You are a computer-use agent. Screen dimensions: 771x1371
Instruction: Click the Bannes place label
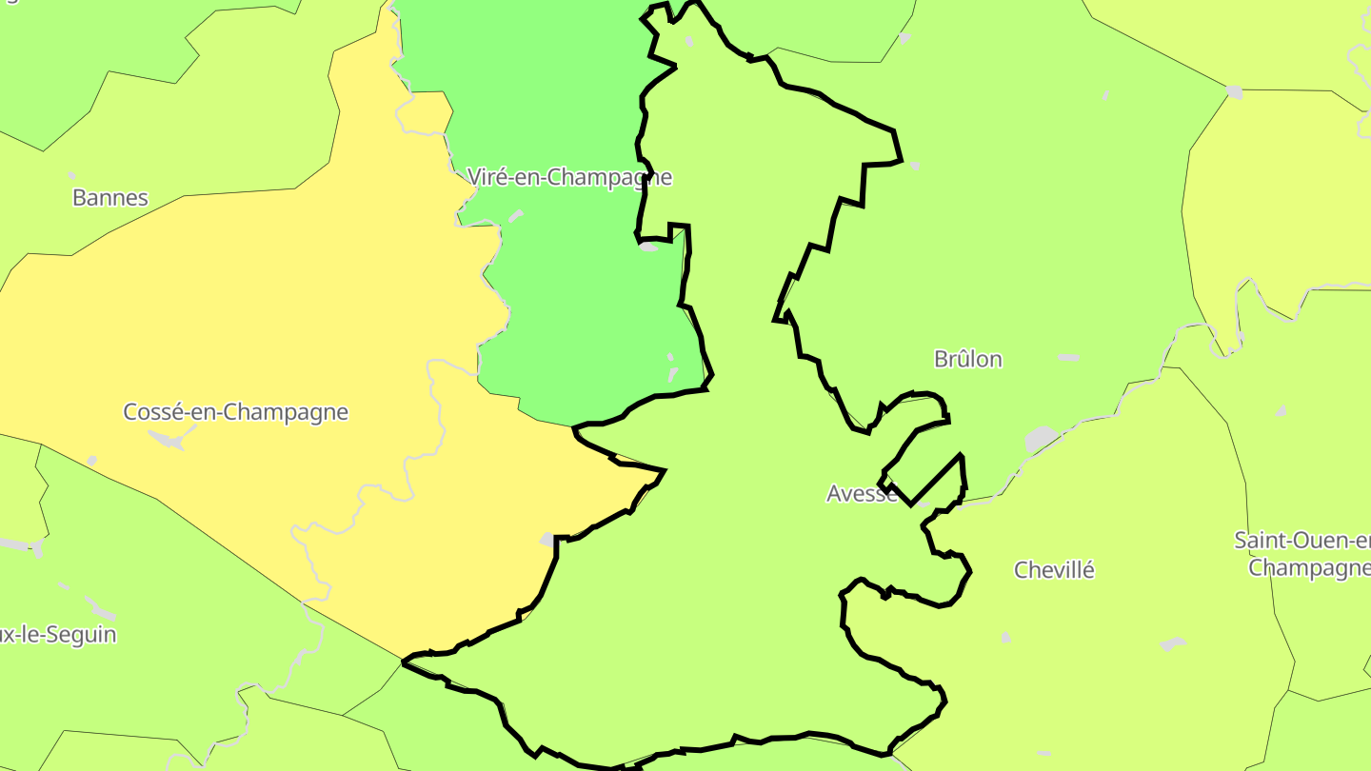[x=110, y=198]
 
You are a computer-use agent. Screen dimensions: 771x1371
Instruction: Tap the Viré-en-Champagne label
[x=569, y=177]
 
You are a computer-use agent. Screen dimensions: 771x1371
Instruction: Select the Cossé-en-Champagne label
[x=235, y=412]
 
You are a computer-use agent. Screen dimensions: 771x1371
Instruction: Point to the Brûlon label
[x=968, y=359]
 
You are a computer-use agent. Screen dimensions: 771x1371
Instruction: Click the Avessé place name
[x=862, y=493]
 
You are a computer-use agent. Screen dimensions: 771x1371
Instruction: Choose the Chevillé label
[x=1054, y=570]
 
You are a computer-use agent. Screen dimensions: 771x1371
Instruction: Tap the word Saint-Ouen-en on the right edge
[x=1302, y=541]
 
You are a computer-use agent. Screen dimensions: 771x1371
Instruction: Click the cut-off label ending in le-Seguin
[x=59, y=634]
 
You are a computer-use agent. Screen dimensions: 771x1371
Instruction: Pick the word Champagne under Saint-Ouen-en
[x=1309, y=568]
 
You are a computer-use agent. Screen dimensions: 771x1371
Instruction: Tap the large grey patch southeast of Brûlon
[x=1043, y=439]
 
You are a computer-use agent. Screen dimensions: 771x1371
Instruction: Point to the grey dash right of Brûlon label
[x=1068, y=358]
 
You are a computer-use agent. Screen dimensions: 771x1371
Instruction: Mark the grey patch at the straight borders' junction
[x=1235, y=92]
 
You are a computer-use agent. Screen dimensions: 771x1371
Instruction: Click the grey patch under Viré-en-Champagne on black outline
[x=648, y=247]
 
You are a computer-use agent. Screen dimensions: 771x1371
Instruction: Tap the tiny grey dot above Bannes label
[x=71, y=175]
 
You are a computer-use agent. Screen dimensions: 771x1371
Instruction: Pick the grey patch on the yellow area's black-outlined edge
[x=547, y=540]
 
